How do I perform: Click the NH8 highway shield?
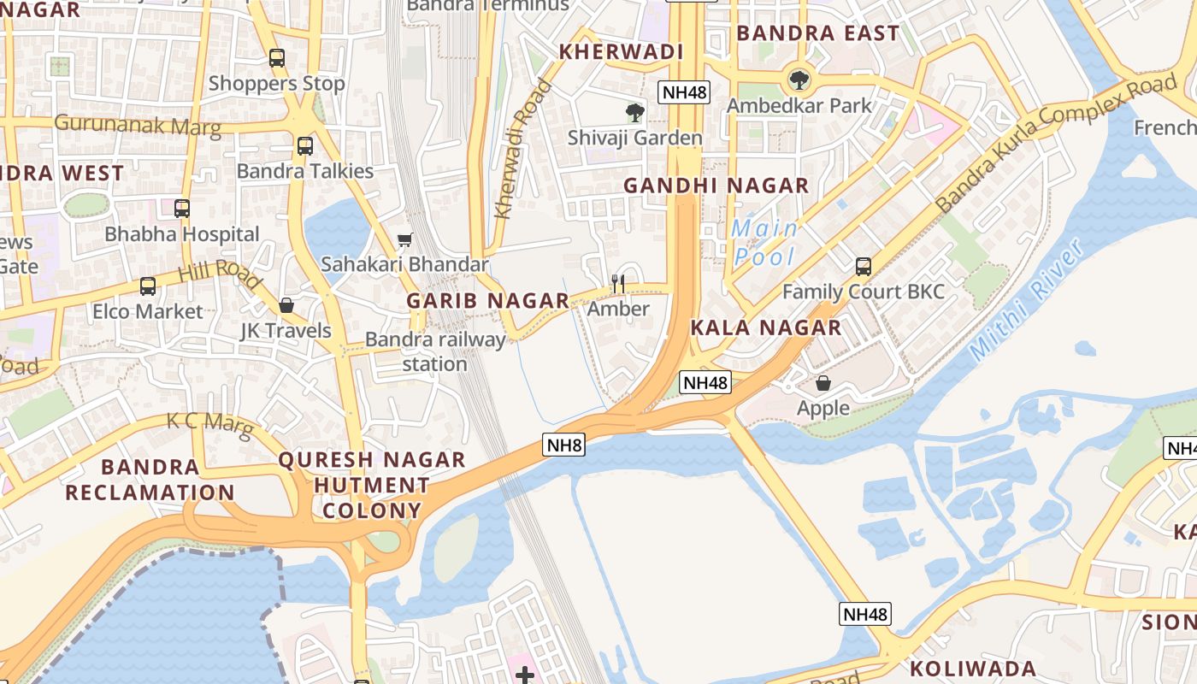(x=563, y=445)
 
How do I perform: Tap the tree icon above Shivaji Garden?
(x=634, y=113)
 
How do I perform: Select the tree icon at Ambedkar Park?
(x=799, y=80)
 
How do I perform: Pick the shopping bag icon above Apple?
(x=823, y=383)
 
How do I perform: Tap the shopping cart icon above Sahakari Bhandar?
(x=404, y=240)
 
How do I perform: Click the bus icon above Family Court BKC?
(x=863, y=266)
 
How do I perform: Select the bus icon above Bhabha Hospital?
(x=181, y=209)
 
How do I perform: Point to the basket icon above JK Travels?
(x=286, y=305)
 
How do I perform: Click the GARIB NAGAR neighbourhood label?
(x=487, y=301)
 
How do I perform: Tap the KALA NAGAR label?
(x=765, y=327)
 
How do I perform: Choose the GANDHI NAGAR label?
(x=716, y=186)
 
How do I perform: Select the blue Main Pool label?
(x=765, y=243)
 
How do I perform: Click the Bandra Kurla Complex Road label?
(x=1055, y=144)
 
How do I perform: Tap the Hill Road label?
(x=220, y=274)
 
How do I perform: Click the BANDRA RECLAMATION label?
(x=150, y=480)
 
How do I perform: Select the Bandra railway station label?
(x=435, y=351)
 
